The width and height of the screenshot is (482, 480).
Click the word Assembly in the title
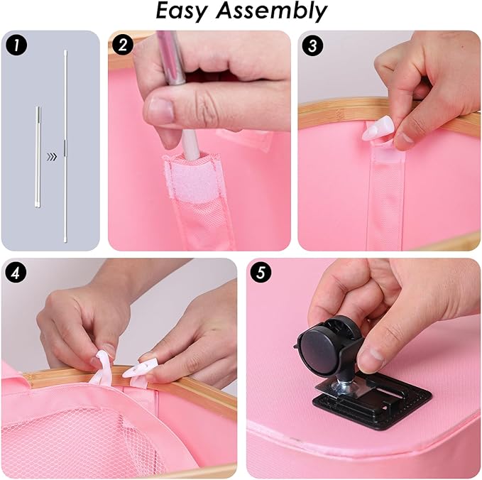pyautogui.click(x=271, y=12)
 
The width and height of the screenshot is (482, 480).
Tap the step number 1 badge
pyautogui.click(x=16, y=45)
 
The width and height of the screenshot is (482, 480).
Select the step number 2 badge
pyautogui.click(x=122, y=45)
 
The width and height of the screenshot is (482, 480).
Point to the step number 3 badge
pyautogui.click(x=312, y=45)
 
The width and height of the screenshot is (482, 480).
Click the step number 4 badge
pyautogui.click(x=16, y=273)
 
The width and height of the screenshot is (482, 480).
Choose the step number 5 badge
pyautogui.click(x=261, y=273)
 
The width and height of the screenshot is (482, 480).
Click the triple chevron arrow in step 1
pyautogui.click(x=52, y=157)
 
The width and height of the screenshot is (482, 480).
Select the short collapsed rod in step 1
pyautogui.click(x=38, y=157)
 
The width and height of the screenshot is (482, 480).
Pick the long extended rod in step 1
pyautogui.click(x=65, y=146)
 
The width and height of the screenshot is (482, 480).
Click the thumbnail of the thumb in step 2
pyautogui.click(x=160, y=110)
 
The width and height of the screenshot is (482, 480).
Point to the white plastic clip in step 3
pyautogui.click(x=373, y=131)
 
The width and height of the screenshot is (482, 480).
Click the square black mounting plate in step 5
pyautogui.click(x=372, y=400)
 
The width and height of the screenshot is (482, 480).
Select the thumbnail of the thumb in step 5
pyautogui.click(x=372, y=356)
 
